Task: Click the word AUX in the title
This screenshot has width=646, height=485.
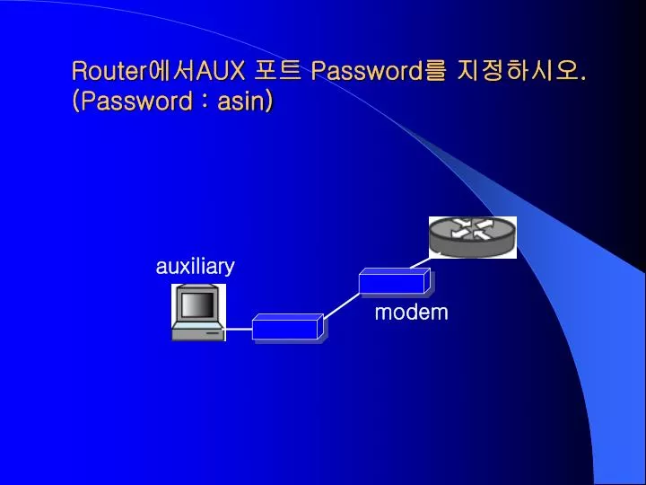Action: pyautogui.click(x=220, y=71)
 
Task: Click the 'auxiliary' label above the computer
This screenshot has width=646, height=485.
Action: pyautogui.click(x=196, y=266)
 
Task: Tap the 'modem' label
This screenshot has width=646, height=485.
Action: pyautogui.click(x=411, y=313)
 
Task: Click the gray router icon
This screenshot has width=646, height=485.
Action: pyautogui.click(x=473, y=237)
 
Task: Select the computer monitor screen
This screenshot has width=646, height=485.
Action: pyautogui.click(x=197, y=304)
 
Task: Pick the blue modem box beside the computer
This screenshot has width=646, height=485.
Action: pyautogui.click(x=288, y=328)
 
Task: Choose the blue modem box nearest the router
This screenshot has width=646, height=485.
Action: pyautogui.click(x=395, y=282)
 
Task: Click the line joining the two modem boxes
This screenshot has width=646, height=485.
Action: pyautogui.click(x=342, y=305)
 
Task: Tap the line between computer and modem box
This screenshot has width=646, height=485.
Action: pyautogui.click(x=239, y=329)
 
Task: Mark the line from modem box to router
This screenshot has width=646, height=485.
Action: pyautogui.click(x=420, y=263)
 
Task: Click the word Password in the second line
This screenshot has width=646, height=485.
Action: pyautogui.click(x=136, y=101)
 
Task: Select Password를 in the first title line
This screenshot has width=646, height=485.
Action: pyautogui.click(x=379, y=71)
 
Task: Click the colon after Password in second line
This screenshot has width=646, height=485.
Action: pyautogui.click(x=205, y=102)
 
